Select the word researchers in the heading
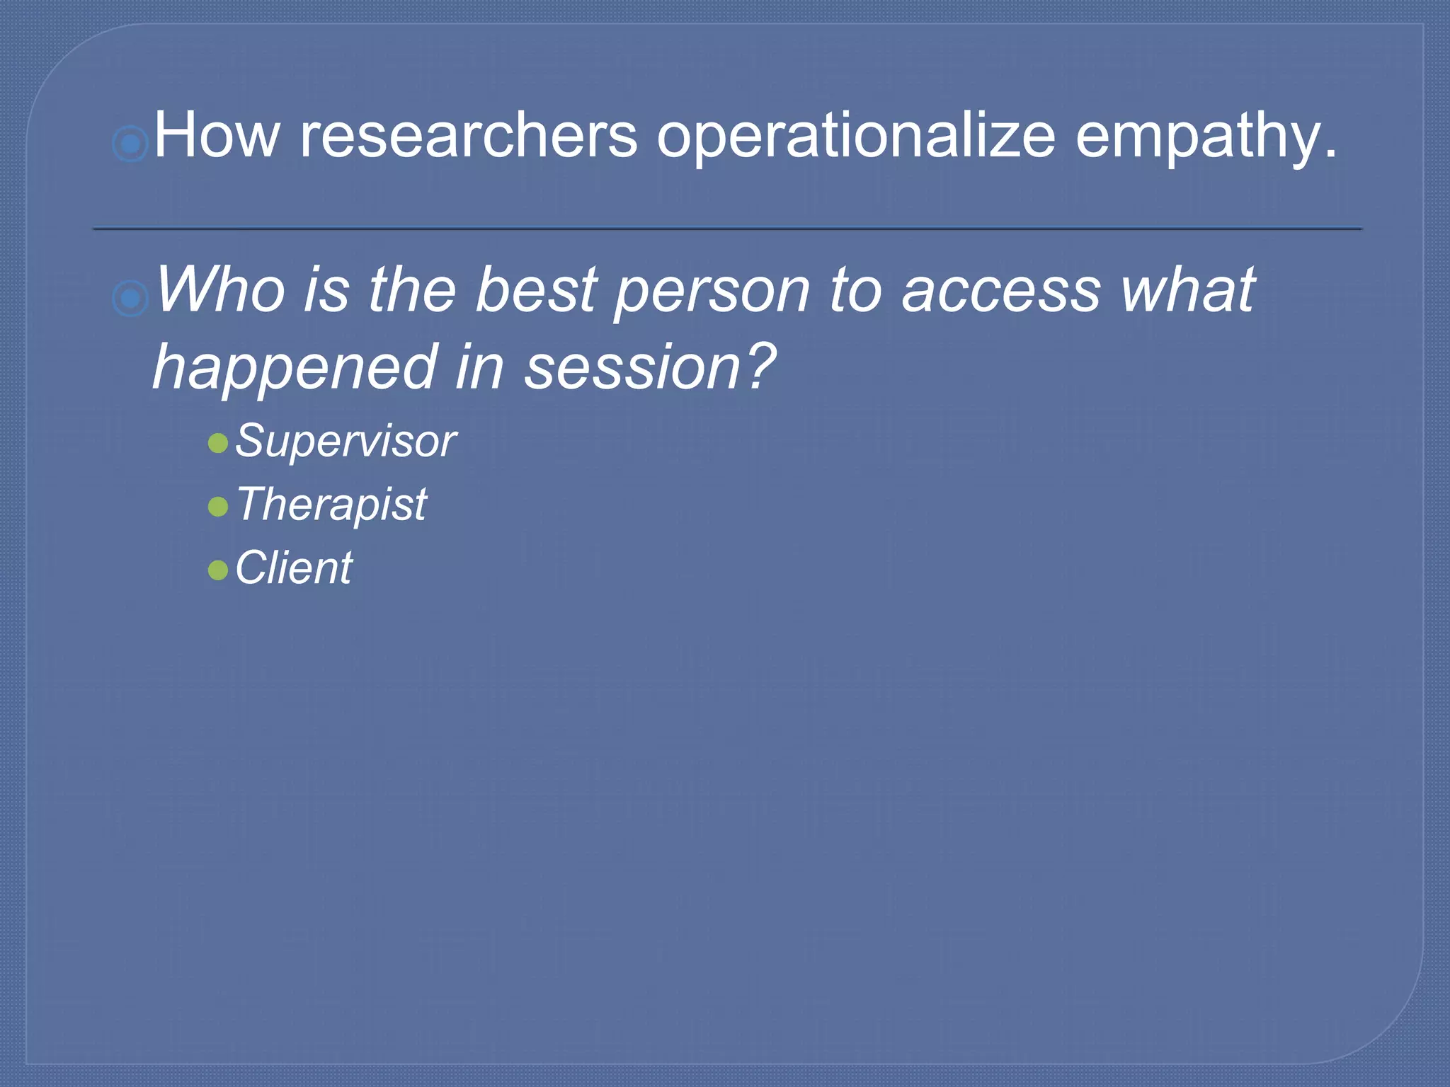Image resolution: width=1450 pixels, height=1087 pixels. tap(469, 136)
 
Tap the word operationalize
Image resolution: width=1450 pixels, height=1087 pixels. tap(856, 136)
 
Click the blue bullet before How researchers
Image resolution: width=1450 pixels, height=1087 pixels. tap(130, 144)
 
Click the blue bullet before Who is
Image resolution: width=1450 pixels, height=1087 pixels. tap(130, 298)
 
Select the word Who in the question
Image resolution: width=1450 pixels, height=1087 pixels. tap(219, 289)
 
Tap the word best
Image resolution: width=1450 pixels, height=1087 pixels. tap(537, 289)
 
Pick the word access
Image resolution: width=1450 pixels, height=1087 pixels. tap(1001, 291)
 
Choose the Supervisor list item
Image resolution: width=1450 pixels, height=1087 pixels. tap(346, 442)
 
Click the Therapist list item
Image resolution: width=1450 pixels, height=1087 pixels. tap(331, 505)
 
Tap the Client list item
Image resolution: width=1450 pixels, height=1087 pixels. tap(293, 568)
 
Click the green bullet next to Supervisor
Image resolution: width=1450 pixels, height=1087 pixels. tap(218, 444)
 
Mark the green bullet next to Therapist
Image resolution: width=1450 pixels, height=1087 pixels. tap(218, 507)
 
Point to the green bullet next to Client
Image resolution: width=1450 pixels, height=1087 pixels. tap(218, 570)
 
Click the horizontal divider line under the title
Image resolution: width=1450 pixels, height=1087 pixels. tap(727, 229)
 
